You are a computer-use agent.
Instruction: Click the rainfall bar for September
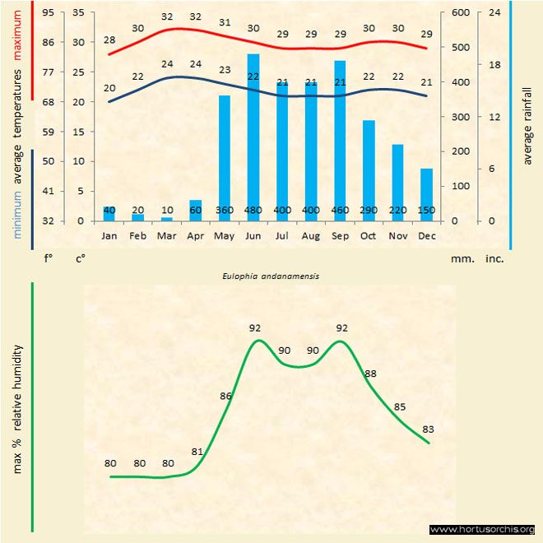click(x=340, y=141)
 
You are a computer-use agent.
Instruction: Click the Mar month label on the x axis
click(x=167, y=236)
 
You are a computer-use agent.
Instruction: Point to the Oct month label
click(x=369, y=236)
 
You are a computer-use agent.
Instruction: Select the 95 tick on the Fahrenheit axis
click(x=49, y=12)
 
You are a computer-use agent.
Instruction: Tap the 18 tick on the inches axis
click(x=494, y=64)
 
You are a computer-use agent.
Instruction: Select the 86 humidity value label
click(x=226, y=397)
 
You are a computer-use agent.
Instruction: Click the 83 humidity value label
click(x=428, y=429)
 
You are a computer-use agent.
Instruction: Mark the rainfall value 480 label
click(x=253, y=211)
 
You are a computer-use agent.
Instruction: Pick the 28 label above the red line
click(x=109, y=40)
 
